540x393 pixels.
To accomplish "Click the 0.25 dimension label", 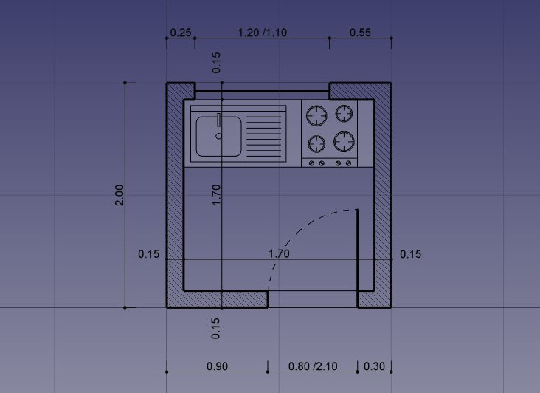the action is pos(181,33).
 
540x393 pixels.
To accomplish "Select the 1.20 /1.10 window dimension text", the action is pos(263,33).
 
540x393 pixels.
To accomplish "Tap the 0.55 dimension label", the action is pos(360,33).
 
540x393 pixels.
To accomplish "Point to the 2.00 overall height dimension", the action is pos(120,195).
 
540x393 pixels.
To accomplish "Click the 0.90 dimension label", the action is pos(217,366).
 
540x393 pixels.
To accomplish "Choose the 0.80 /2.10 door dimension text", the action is pos(313,366).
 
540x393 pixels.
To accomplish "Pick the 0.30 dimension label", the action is pos(374,366).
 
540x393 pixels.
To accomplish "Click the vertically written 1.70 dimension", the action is pos(216,195).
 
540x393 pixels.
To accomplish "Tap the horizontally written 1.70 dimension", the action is pos(279,253).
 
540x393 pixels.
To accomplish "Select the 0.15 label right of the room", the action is pos(410,254).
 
